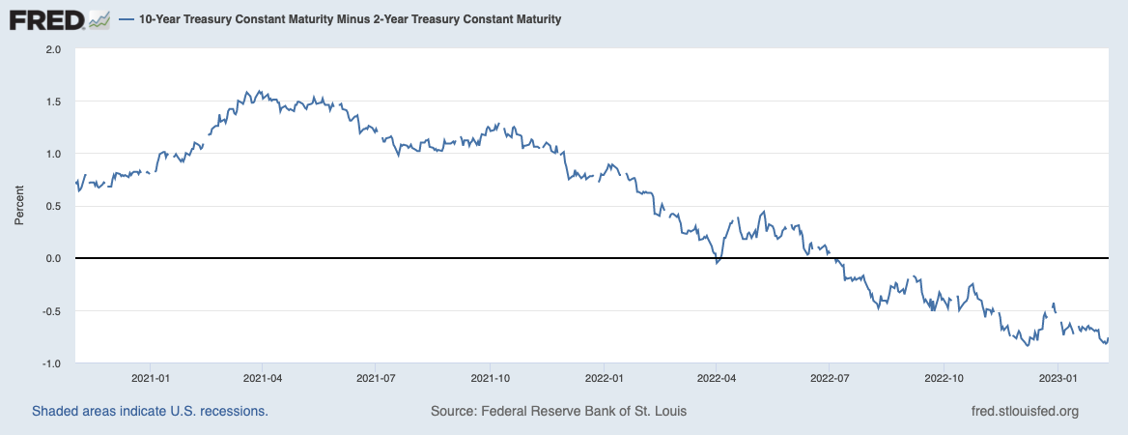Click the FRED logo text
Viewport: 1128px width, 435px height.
pyautogui.click(x=44, y=18)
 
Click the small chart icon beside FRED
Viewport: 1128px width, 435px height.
pyautogui.click(x=99, y=19)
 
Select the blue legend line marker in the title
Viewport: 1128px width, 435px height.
pyautogui.click(x=127, y=19)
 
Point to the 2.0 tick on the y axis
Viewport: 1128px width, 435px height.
pyautogui.click(x=53, y=48)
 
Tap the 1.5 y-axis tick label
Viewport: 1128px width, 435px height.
pyautogui.click(x=53, y=101)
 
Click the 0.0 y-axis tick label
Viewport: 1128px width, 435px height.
pyautogui.click(x=53, y=258)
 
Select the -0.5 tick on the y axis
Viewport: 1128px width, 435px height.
pyautogui.click(x=51, y=311)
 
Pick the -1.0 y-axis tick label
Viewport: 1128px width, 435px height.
pyautogui.click(x=51, y=363)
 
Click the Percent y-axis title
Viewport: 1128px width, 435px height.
pyautogui.click(x=18, y=206)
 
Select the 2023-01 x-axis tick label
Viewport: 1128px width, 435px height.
pyautogui.click(x=1057, y=377)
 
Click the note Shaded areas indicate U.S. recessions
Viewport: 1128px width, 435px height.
pyautogui.click(x=150, y=412)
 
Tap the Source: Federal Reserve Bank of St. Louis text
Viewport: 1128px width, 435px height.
pyautogui.click(x=558, y=412)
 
